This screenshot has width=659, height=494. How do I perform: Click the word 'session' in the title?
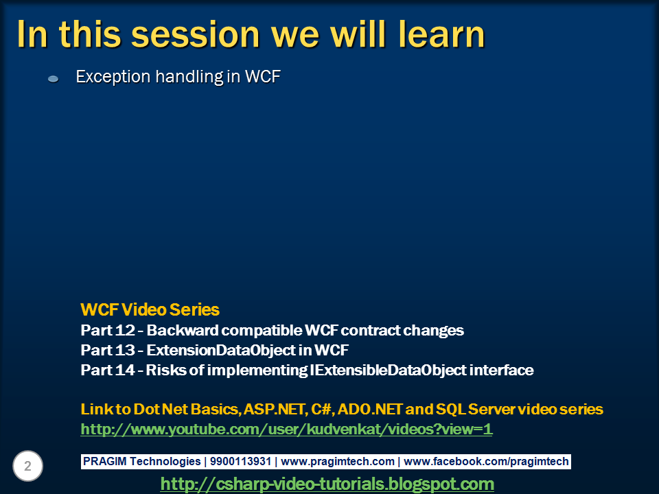pyautogui.click(x=196, y=35)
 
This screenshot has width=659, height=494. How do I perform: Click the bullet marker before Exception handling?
pyautogui.click(x=53, y=78)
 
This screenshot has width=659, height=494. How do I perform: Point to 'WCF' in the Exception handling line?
pyautogui.click(x=263, y=76)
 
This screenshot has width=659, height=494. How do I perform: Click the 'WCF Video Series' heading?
pyautogui.click(x=150, y=309)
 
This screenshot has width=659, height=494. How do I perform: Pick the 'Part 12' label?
pyautogui.click(x=108, y=330)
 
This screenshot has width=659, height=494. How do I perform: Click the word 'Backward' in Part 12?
pyautogui.click(x=182, y=330)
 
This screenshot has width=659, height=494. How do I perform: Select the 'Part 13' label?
pyautogui.click(x=108, y=350)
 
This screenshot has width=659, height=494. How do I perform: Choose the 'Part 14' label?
pyautogui.click(x=108, y=370)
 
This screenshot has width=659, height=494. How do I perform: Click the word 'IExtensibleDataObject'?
pyautogui.click(x=388, y=370)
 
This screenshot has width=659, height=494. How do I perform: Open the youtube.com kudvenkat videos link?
pyautogui.click(x=287, y=429)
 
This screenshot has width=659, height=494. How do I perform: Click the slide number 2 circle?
pyautogui.click(x=27, y=466)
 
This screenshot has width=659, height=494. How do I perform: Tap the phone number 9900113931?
pyautogui.click(x=240, y=461)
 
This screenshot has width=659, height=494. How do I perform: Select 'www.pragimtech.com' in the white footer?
pyautogui.click(x=338, y=461)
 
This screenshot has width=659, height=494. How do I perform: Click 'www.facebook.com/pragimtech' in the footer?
pyautogui.click(x=486, y=461)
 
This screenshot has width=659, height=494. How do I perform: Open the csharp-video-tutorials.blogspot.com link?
pyautogui.click(x=327, y=484)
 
